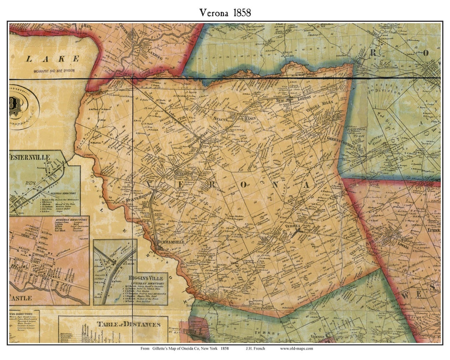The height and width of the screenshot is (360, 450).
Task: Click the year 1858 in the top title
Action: (x=239, y=12)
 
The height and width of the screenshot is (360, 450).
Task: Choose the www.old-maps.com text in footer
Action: (x=296, y=348)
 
